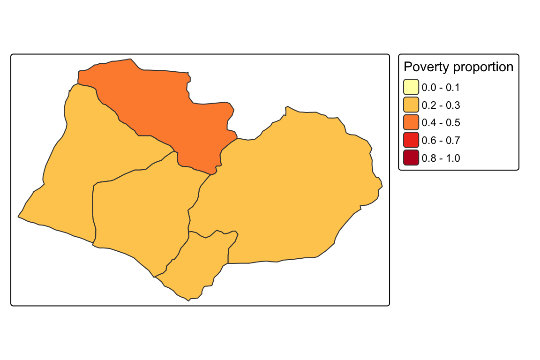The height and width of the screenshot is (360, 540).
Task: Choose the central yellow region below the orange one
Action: [x=141, y=214]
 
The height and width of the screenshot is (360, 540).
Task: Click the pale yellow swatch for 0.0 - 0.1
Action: [x=411, y=87]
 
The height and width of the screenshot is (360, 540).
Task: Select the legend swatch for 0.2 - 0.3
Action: [x=411, y=105]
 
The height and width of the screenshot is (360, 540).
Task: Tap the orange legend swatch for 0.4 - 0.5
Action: [x=411, y=122]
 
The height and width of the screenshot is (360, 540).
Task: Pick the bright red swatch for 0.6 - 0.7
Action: [x=411, y=140]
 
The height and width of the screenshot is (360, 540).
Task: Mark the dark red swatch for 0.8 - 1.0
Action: [x=411, y=158]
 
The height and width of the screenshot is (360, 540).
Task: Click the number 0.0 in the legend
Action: [x=429, y=88]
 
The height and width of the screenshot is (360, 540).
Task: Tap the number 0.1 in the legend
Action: [x=453, y=88]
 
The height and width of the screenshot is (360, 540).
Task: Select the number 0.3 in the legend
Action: [x=453, y=105]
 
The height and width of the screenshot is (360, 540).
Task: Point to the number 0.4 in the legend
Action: [x=429, y=123]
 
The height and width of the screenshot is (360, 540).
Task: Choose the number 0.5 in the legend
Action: [x=453, y=123]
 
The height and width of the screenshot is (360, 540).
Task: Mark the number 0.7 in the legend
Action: [x=453, y=141]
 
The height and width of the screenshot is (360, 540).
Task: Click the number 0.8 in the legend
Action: [x=429, y=158]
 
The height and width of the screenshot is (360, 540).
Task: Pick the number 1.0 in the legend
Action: [x=453, y=158]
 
